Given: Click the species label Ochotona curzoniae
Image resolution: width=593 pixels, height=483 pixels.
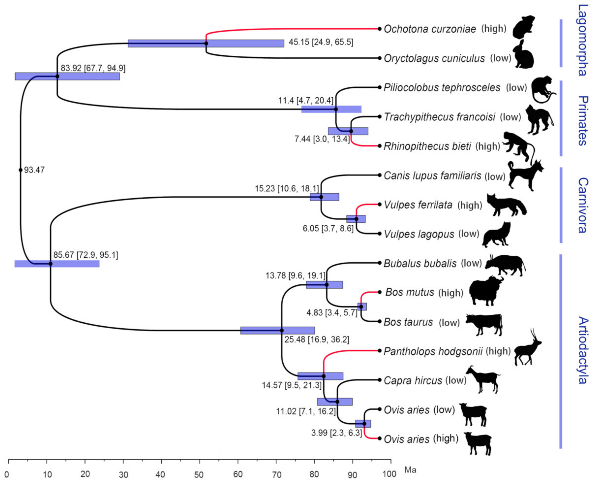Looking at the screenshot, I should tap(430, 29).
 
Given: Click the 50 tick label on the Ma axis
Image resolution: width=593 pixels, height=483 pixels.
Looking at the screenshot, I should tap(199, 474).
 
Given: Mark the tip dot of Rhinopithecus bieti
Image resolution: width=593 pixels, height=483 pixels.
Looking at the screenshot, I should tap(380, 146).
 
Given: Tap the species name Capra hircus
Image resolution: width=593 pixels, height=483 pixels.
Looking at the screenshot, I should tap(413, 380).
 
